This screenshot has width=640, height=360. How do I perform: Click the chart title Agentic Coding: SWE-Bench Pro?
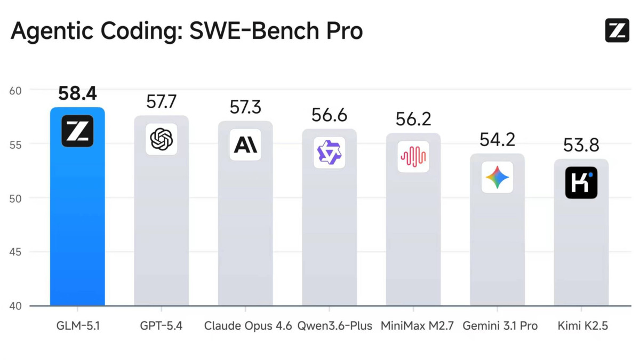pyautogui.click(x=187, y=31)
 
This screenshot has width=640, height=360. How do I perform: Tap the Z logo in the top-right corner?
pyautogui.click(x=617, y=30)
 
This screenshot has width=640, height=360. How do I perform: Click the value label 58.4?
pyautogui.click(x=77, y=94)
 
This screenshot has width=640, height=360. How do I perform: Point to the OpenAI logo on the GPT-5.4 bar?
pyautogui.click(x=161, y=139)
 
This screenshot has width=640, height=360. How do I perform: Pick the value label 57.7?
pyautogui.click(x=161, y=102)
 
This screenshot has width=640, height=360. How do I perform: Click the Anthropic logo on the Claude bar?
pyautogui.click(x=245, y=145)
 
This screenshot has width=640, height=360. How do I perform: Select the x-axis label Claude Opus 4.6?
pyautogui.click(x=248, y=325)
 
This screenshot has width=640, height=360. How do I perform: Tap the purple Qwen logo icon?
pyautogui.click(x=329, y=153)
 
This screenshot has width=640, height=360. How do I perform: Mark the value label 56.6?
pyautogui.click(x=329, y=115)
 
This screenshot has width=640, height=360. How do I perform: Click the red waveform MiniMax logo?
pyautogui.click(x=413, y=157)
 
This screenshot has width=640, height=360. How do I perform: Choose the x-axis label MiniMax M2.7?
pyautogui.click(x=417, y=325)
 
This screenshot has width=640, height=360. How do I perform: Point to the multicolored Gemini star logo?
pyautogui.click(x=497, y=177)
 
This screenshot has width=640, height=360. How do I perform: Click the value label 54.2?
pyautogui.click(x=497, y=140)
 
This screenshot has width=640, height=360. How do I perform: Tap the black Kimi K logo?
pyautogui.click(x=581, y=182)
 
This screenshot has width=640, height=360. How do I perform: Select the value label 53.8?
pyautogui.click(x=581, y=145)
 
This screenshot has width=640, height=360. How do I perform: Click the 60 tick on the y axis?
pyautogui.click(x=15, y=90)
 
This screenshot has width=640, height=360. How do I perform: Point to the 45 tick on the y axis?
pyautogui.click(x=15, y=252)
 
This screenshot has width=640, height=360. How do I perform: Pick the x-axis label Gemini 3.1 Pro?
pyautogui.click(x=500, y=325)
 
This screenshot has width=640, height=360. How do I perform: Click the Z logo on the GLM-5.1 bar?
pyautogui.click(x=77, y=131)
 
